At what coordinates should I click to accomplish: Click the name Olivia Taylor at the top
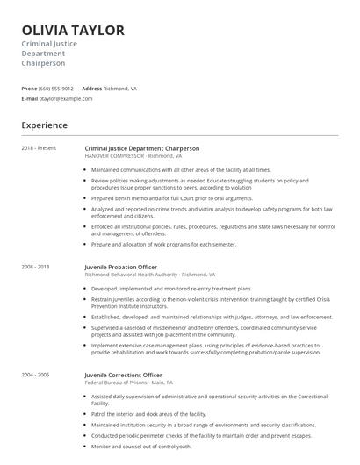(73, 31)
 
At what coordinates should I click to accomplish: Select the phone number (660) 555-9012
(56, 89)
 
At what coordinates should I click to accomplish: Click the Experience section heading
(45, 125)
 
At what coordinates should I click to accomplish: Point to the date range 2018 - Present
(40, 148)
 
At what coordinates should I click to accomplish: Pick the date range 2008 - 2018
(36, 266)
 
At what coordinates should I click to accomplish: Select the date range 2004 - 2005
(36, 375)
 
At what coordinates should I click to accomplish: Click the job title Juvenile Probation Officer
(121, 266)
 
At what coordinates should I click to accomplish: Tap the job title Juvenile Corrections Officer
(124, 375)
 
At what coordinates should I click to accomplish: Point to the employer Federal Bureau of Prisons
(122, 383)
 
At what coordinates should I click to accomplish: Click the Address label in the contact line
(92, 89)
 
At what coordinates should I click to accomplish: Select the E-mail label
(30, 99)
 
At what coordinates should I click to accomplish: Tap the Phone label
(29, 89)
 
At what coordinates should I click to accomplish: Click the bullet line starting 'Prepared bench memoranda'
(165, 197)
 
